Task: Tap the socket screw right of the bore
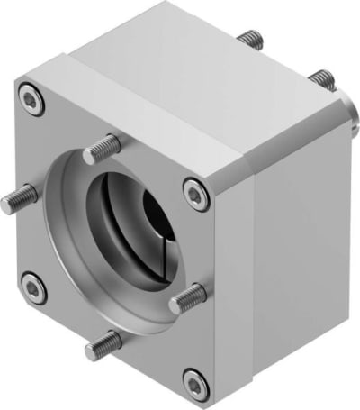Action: pos(196,191)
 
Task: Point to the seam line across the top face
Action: pos(162,99)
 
